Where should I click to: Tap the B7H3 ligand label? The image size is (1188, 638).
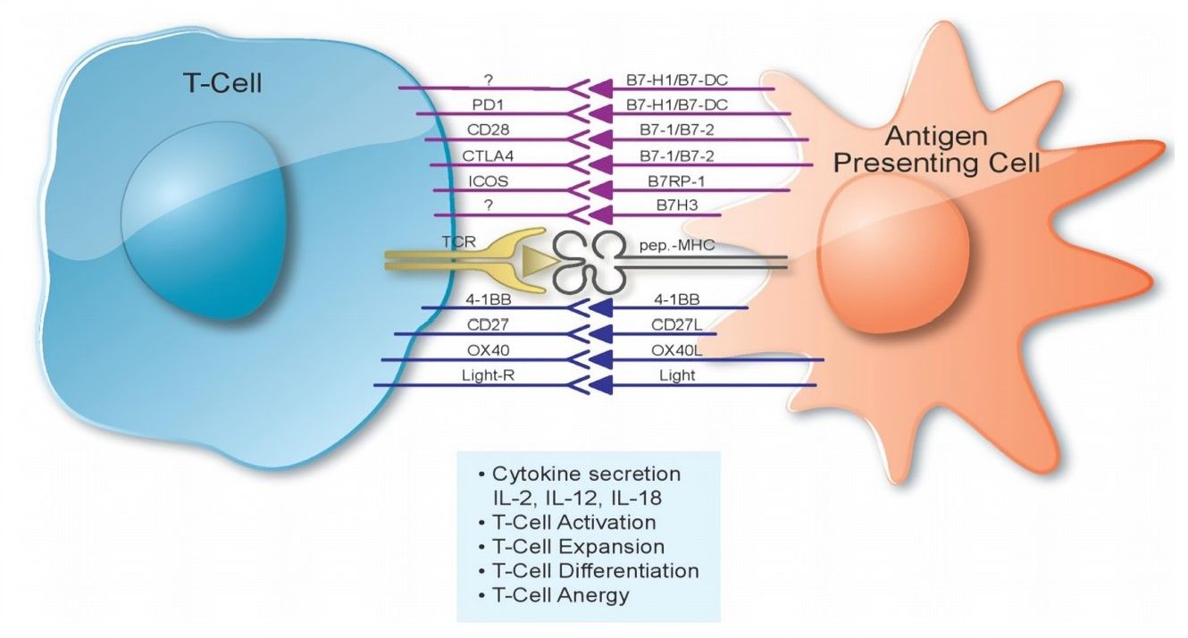[677, 206]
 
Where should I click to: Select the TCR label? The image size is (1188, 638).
[452, 242]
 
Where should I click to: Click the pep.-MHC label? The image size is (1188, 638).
[677, 243]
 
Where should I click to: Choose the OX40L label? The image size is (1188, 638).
[677, 351]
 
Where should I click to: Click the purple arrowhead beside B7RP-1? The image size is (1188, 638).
[601, 189]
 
